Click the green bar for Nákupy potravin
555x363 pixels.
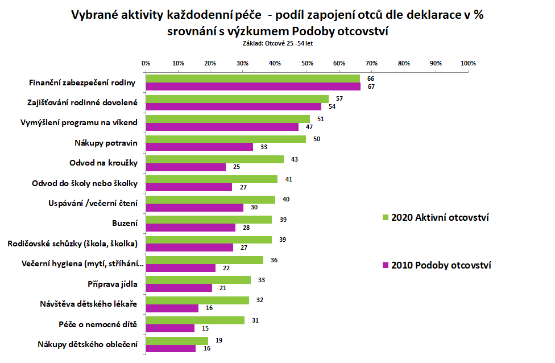point(226,139)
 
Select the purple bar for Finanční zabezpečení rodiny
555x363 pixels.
point(253,86)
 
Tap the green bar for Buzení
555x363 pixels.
point(209,220)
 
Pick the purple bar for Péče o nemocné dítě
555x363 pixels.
point(170,328)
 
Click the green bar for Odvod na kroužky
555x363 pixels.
point(215,159)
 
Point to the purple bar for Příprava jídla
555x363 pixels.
point(179,288)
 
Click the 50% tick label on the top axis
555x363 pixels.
point(307,63)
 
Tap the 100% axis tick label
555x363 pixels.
point(468,63)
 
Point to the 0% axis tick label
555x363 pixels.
point(146,63)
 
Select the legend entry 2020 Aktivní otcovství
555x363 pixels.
point(440,217)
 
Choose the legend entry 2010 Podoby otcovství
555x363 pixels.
point(441,265)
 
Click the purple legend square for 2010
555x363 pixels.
point(385,265)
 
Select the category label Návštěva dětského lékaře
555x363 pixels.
point(90,304)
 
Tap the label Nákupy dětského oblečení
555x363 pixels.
point(88,344)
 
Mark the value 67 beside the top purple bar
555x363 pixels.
point(371,86)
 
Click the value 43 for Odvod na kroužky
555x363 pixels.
point(294,159)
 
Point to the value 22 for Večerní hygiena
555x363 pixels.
point(226,268)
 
